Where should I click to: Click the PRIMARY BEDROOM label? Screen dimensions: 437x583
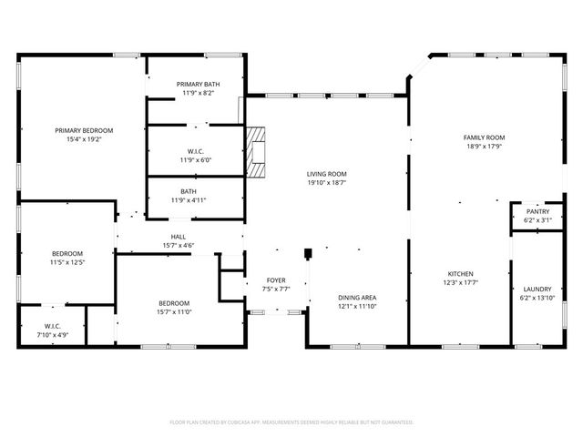[83, 130]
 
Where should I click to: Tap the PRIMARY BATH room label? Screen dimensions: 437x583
[198, 84]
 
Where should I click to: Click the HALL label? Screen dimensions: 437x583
[179, 236]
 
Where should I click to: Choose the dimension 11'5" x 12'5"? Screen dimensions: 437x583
[67, 262]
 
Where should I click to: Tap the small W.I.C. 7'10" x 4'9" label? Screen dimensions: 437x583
[52, 335]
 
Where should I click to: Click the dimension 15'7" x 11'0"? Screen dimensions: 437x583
[174, 311]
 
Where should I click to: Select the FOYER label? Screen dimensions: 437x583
[276, 279]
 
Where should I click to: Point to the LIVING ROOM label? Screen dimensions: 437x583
[325, 174]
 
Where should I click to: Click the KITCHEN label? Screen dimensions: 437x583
[459, 273]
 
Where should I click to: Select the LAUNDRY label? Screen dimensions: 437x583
[537, 290]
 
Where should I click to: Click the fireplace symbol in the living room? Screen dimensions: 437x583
[259, 152]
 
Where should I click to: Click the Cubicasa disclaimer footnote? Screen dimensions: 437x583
[291, 422]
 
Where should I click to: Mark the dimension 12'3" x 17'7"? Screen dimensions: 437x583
[459, 282]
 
